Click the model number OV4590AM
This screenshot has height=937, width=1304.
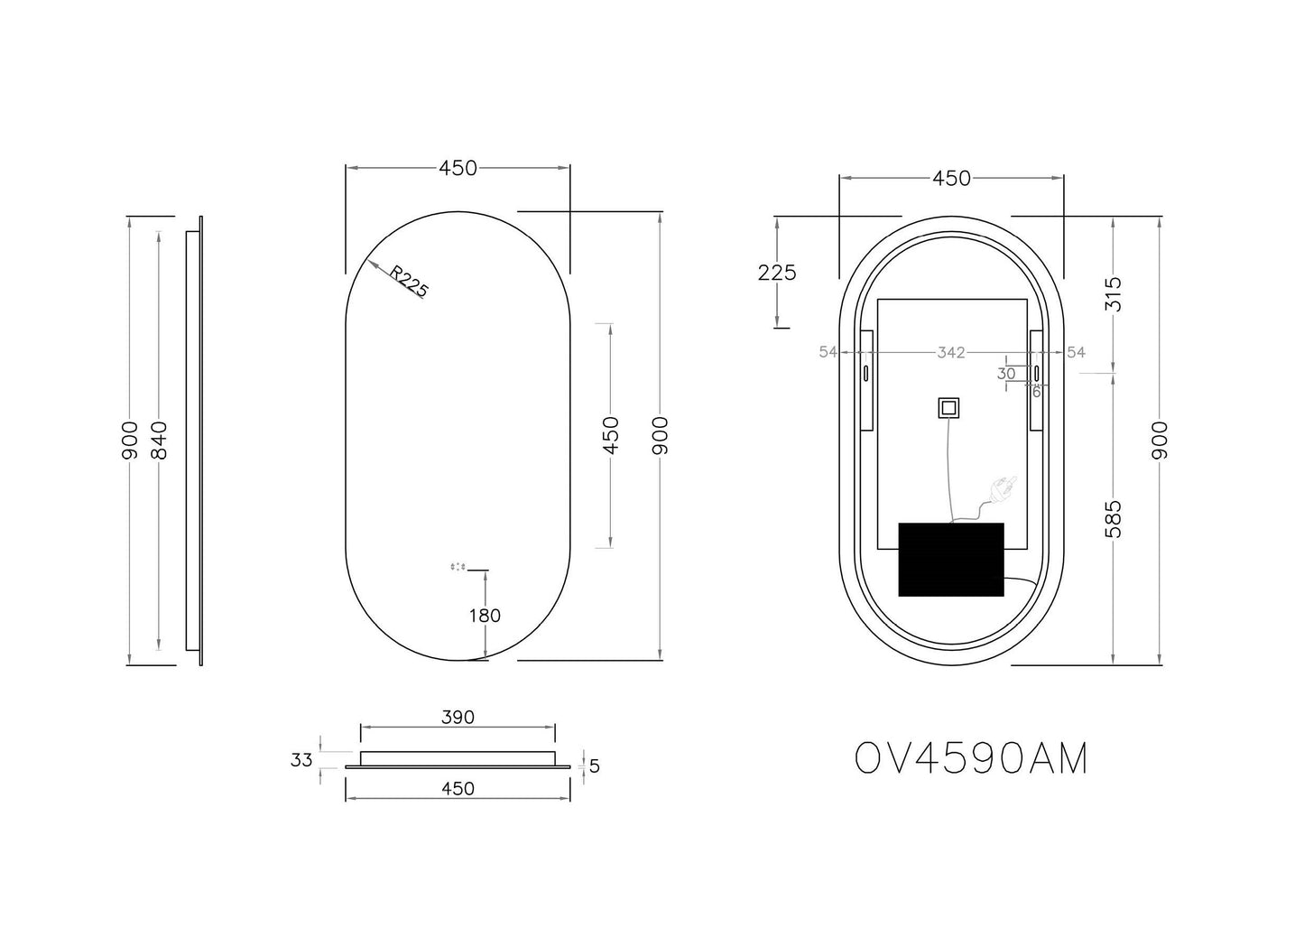971,759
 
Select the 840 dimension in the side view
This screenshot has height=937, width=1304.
160,441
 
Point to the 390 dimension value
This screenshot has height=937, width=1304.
458,718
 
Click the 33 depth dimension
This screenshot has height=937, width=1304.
301,760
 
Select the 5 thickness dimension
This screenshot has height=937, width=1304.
594,766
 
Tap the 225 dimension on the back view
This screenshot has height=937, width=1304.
777,272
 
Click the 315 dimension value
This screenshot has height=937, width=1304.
1113,294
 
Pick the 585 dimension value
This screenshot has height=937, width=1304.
1113,518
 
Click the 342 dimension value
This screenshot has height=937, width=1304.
951,352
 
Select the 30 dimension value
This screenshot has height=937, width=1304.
1006,373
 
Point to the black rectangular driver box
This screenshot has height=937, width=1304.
951,558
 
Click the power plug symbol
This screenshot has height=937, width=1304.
1003,490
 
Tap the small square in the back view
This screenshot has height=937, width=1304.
948,408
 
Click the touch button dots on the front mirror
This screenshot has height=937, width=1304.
458,567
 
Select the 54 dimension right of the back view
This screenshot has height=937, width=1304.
1076,352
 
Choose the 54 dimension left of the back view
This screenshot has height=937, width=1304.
828,352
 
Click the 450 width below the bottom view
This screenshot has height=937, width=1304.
458,788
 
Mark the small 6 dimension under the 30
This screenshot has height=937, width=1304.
1036,392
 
